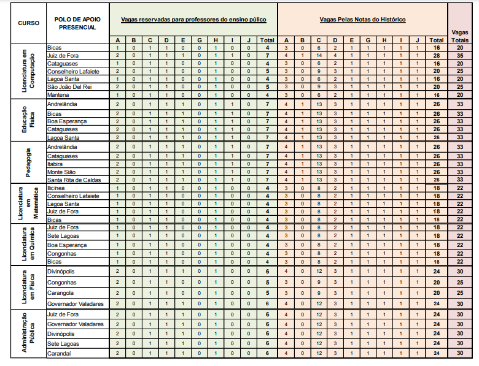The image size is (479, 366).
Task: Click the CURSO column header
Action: tap(24, 23)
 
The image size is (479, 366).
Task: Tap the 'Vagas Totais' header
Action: tap(463, 34)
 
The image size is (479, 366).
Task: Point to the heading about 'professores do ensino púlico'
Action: tap(193, 20)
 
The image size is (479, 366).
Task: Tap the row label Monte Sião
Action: tap(61, 172)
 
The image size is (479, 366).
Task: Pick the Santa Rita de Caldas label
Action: tap(73, 180)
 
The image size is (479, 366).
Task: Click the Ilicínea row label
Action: tap(56, 188)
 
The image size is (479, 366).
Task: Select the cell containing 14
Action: tap(319, 55)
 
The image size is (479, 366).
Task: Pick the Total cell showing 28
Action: tap(437, 55)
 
